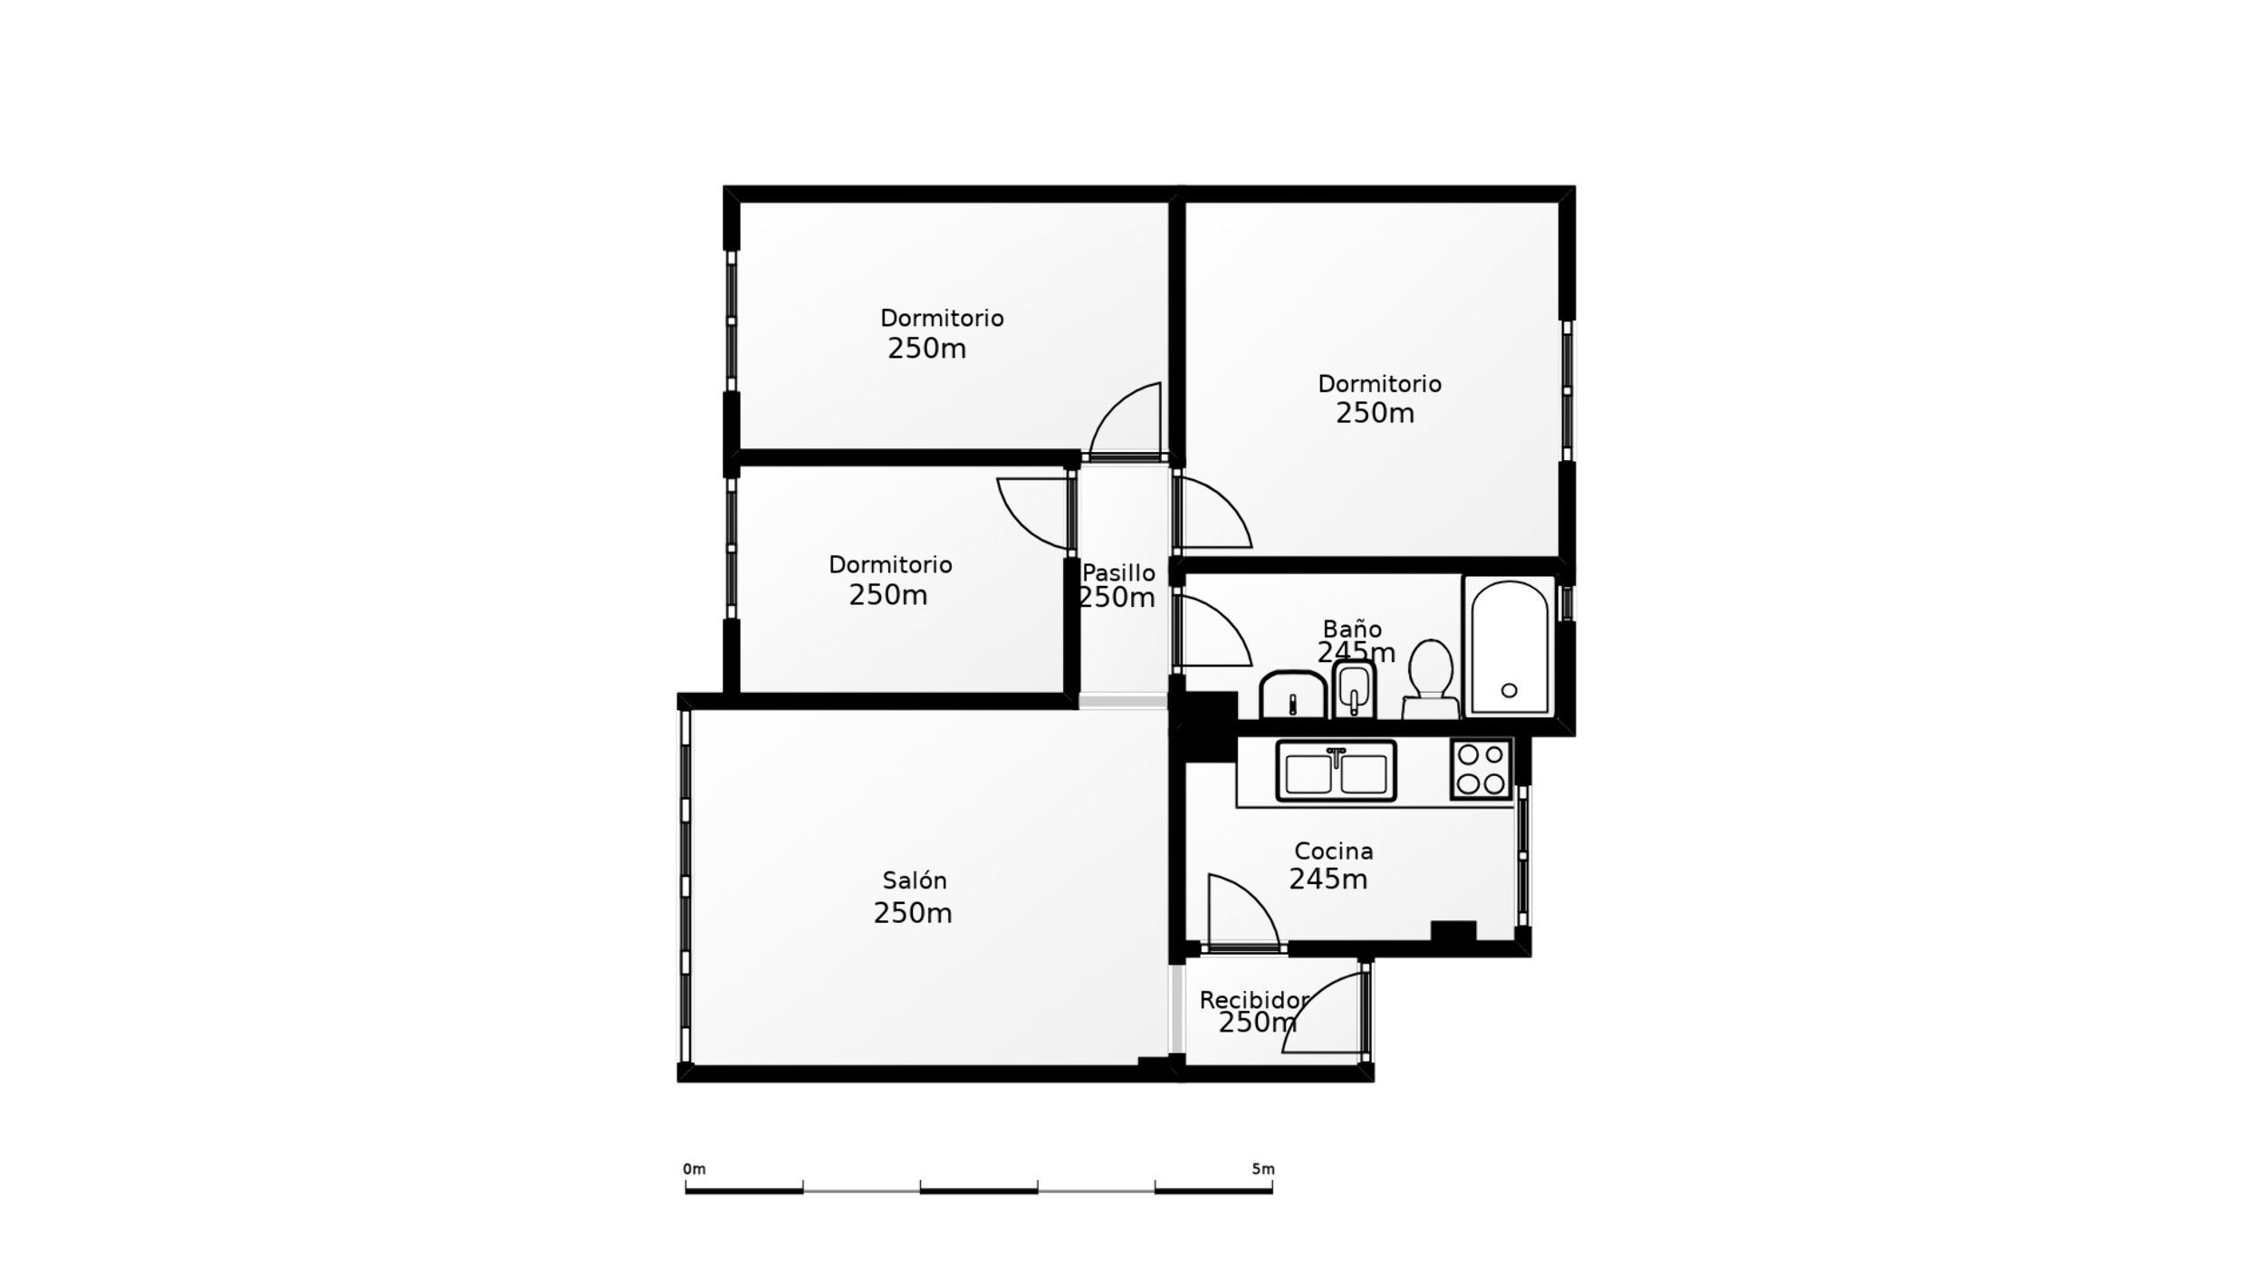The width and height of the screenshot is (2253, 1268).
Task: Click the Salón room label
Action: (915, 880)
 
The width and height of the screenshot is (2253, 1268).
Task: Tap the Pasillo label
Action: (1118, 572)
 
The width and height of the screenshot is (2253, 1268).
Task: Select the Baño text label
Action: (1352, 629)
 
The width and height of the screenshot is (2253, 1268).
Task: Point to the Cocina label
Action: (1333, 850)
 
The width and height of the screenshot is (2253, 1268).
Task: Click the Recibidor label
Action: (1254, 1000)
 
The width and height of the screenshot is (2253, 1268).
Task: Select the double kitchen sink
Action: (1336, 772)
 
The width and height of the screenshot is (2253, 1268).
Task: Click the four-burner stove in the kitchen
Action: (1481, 769)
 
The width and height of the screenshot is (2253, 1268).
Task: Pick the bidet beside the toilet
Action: (1354, 689)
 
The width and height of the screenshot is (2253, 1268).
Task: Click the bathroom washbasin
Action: (1292, 695)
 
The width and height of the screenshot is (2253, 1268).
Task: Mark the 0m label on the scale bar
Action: (694, 1169)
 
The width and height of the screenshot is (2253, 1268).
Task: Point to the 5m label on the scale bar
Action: (1263, 1169)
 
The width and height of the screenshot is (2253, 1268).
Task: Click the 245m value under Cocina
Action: (1328, 879)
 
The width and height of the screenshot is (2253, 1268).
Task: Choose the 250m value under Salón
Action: (913, 913)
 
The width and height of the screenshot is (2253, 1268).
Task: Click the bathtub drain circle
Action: (1509, 690)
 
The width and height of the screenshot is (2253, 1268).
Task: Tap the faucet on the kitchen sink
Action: (1336, 757)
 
